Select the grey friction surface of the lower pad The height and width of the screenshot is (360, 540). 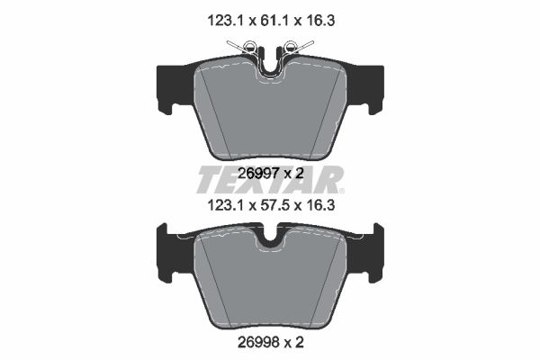(x=270, y=283)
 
